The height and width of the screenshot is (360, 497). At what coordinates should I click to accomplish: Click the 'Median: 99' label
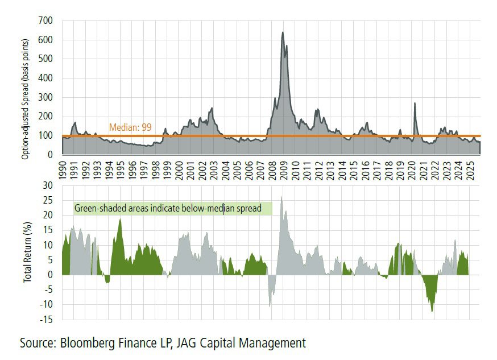(x=130, y=128)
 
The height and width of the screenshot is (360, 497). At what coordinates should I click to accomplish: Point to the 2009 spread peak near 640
(x=283, y=33)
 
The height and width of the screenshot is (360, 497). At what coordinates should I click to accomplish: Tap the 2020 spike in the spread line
(x=415, y=104)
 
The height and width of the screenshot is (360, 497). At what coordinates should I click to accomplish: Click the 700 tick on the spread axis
(x=45, y=20)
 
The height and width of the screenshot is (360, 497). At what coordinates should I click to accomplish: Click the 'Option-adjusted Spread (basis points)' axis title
(x=25, y=88)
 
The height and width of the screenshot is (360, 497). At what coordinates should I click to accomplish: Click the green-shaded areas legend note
(x=173, y=209)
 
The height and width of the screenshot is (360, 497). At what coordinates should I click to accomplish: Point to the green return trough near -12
(x=432, y=311)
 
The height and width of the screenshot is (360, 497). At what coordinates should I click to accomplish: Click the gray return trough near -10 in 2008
(x=270, y=306)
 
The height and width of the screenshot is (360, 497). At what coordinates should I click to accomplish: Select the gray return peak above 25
(x=281, y=197)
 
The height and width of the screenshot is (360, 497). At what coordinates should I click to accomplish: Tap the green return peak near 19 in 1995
(x=120, y=219)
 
